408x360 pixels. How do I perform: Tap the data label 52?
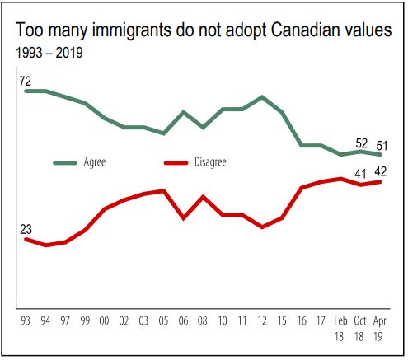(361, 142)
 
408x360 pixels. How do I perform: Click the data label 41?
(361, 173)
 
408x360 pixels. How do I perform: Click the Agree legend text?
(95, 163)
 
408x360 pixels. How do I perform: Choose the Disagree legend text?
(212, 163)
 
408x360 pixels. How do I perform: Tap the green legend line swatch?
(65, 163)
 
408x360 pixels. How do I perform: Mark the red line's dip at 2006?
(184, 218)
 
